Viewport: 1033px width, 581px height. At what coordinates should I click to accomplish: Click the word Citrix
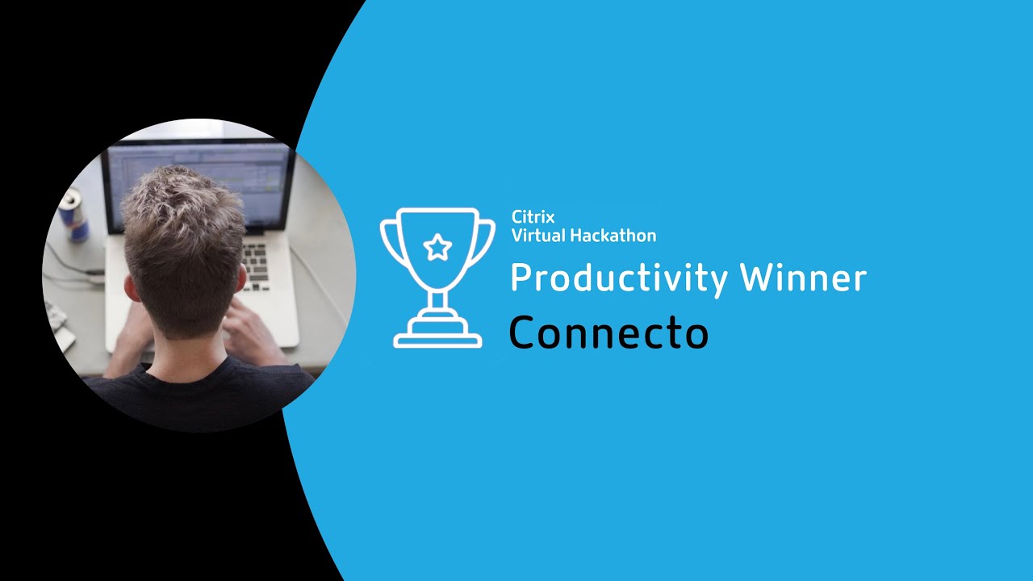(x=533, y=217)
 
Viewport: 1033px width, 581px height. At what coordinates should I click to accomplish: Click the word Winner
(x=803, y=278)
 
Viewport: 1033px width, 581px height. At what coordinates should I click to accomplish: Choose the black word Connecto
(x=609, y=332)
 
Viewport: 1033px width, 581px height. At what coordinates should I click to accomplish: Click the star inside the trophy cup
(x=437, y=247)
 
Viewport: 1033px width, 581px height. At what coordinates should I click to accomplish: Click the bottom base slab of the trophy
(x=437, y=342)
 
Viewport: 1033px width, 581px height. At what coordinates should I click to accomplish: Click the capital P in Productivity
(x=522, y=278)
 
